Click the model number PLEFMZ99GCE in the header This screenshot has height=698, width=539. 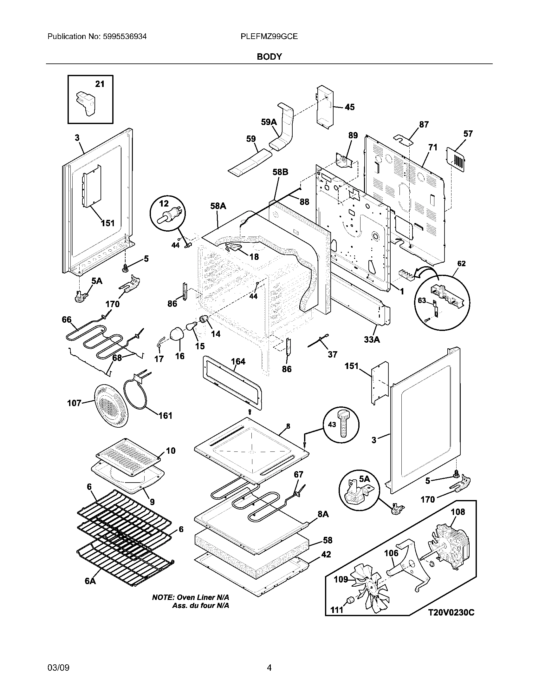(269, 36)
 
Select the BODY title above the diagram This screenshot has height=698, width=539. (269, 56)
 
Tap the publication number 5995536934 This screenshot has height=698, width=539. (125, 36)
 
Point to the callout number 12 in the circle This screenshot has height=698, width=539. (164, 203)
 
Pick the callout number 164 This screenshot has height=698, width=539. (238, 361)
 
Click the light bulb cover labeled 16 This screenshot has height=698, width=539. (177, 334)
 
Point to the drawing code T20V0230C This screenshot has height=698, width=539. (451, 621)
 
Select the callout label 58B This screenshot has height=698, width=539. (280, 172)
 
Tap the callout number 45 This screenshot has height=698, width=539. (350, 107)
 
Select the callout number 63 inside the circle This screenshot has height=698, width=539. (422, 300)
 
